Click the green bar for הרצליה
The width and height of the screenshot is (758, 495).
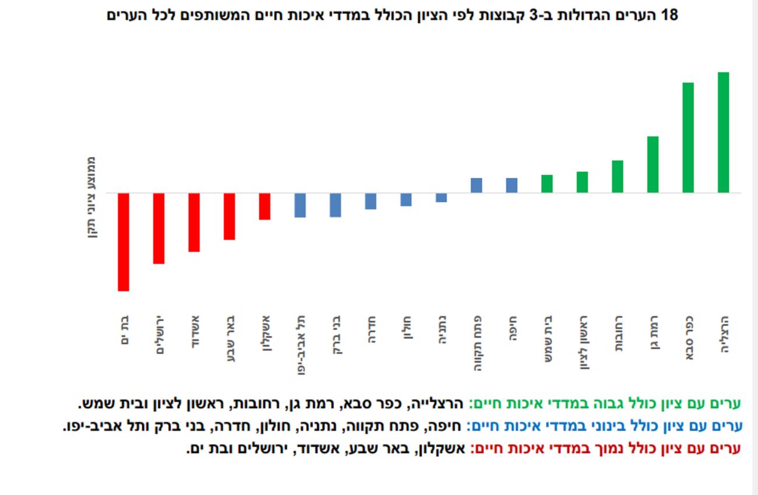[x=723, y=132]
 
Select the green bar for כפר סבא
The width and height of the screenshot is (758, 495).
[x=688, y=138]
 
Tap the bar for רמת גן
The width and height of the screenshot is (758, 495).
[x=652, y=164]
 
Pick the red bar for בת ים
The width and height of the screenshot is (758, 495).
[x=124, y=241]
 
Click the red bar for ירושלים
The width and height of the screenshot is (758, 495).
[x=159, y=228]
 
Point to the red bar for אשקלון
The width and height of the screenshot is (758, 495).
[x=265, y=206]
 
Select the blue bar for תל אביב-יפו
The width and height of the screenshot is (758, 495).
[x=300, y=205]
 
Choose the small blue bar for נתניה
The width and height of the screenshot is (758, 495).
[x=441, y=198]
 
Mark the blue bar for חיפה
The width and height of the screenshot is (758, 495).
[x=511, y=185]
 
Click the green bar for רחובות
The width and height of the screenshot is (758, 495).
[x=617, y=176]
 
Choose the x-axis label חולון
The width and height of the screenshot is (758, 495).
[x=407, y=329]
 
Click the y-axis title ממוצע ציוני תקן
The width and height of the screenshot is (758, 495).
[x=92, y=198]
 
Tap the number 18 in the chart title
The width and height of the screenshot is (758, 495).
[x=671, y=16]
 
